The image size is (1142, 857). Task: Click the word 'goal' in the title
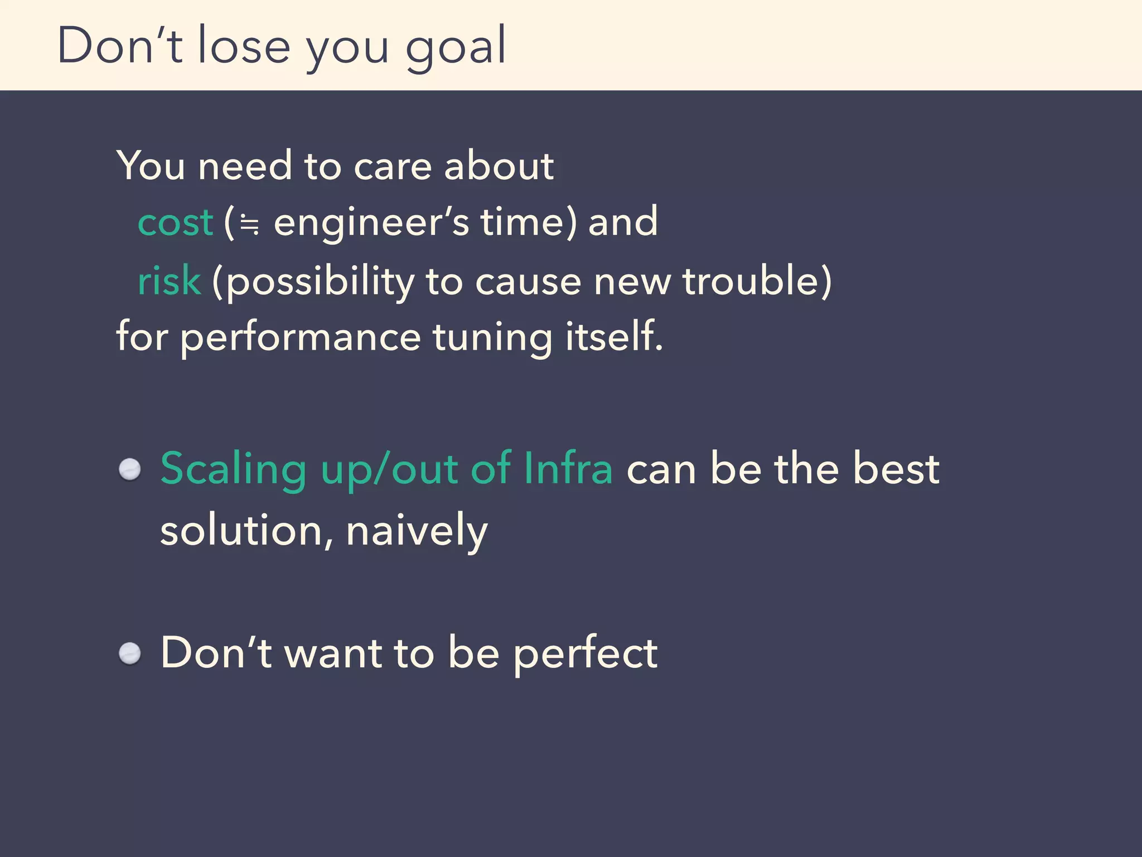[456, 47]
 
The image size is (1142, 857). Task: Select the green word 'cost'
[175, 222]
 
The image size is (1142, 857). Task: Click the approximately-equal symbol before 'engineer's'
[249, 224]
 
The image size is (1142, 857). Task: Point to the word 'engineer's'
[371, 222]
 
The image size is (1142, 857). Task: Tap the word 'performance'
[300, 338]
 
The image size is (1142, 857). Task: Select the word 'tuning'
[492, 338]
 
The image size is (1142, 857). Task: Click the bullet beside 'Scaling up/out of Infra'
[130, 469]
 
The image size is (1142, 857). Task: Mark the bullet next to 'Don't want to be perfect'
[130, 653]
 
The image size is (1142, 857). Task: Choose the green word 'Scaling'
[233, 469]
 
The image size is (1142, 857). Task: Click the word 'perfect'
[585, 653]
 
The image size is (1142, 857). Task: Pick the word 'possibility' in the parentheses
[321, 281]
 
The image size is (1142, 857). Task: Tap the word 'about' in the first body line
[499, 166]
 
